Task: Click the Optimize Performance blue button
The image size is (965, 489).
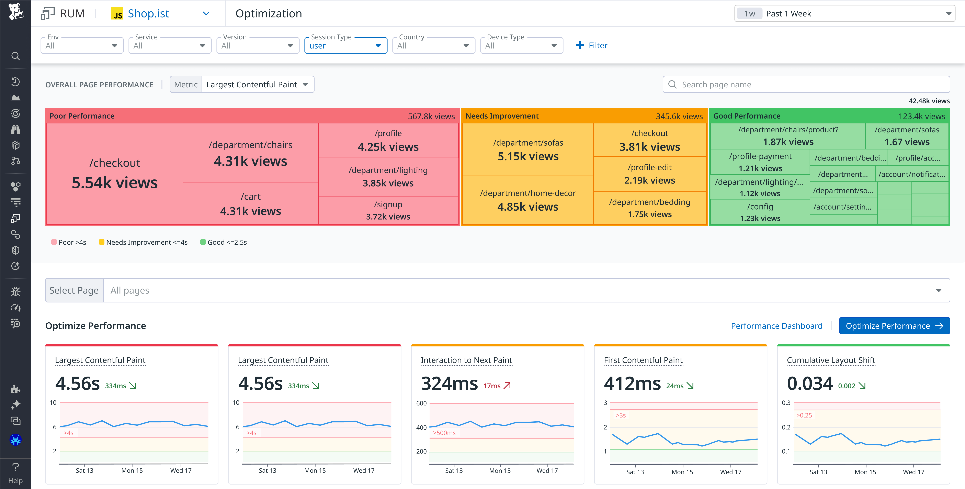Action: (894, 326)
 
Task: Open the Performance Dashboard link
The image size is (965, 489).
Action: (776, 326)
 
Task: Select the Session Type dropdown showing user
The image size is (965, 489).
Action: (345, 46)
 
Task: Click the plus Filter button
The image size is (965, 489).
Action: (591, 45)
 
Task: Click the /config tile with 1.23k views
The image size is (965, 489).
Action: (760, 212)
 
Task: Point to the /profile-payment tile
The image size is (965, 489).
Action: (760, 162)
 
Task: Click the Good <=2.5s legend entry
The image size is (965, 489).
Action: (224, 242)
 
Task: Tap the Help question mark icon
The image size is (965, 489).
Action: (15, 467)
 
